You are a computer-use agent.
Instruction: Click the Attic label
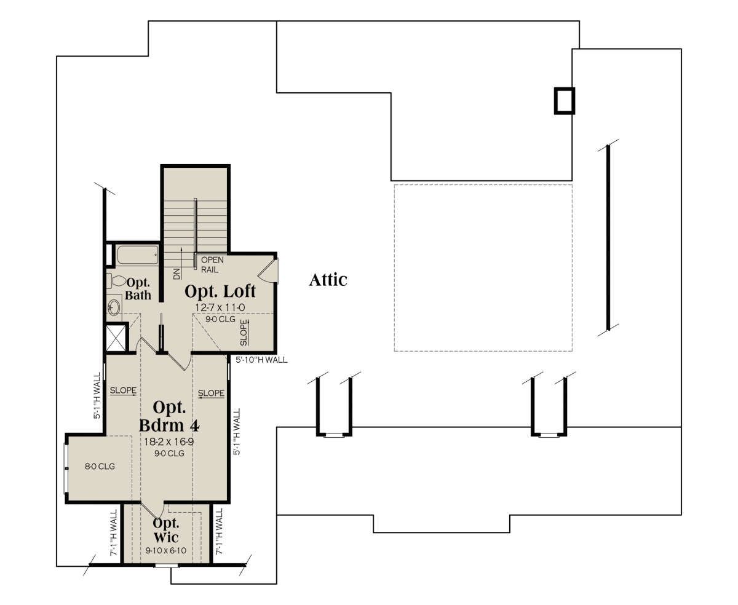(328, 280)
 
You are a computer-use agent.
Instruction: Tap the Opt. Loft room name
(220, 291)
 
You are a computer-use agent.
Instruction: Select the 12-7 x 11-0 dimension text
(220, 307)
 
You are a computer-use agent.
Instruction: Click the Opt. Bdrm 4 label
(169, 416)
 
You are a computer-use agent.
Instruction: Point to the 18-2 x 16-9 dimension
(169, 441)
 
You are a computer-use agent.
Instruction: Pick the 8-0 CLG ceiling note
(100, 467)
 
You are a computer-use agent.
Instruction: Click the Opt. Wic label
(166, 531)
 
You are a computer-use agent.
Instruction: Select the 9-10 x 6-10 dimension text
(166, 551)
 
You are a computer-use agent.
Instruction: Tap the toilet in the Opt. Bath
(116, 280)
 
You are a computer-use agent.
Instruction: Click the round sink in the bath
(113, 307)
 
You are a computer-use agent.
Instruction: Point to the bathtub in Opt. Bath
(138, 255)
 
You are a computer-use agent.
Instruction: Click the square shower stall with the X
(116, 338)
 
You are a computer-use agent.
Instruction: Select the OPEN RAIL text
(212, 265)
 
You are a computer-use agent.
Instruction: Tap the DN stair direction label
(177, 274)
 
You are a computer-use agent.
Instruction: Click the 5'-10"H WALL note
(261, 360)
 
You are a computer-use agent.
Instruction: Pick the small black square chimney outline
(565, 101)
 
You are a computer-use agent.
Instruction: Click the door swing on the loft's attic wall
(269, 269)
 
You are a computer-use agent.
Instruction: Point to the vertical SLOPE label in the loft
(244, 333)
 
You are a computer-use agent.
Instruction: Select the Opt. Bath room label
(138, 289)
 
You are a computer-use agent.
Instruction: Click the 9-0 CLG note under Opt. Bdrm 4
(169, 454)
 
